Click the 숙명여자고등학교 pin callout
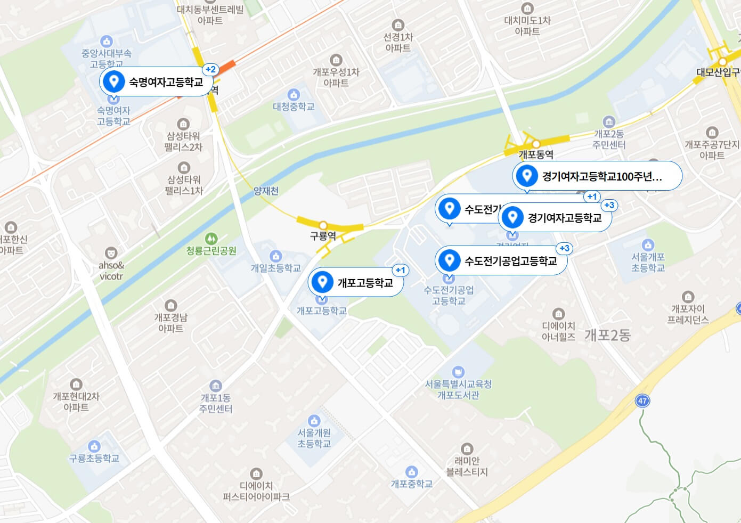tap(154, 82)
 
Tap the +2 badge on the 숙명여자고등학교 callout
tap(210, 69)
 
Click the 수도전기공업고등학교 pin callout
tap(501, 261)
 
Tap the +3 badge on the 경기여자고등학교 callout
tap(608, 205)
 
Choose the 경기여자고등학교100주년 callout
tap(597, 176)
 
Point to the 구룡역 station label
tap(323, 236)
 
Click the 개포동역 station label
tap(536, 154)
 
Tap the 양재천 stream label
tap(266, 191)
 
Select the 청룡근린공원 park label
tap(211, 250)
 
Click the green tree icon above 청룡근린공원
tap(211, 238)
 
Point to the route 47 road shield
tap(642, 401)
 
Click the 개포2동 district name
tap(607, 335)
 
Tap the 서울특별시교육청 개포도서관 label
tap(458, 389)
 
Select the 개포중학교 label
tap(411, 484)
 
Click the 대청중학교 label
tap(294, 107)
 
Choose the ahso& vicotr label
tap(111, 271)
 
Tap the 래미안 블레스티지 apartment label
tap(467, 466)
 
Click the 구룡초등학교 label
tap(94, 458)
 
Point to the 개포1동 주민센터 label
tap(215, 403)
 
